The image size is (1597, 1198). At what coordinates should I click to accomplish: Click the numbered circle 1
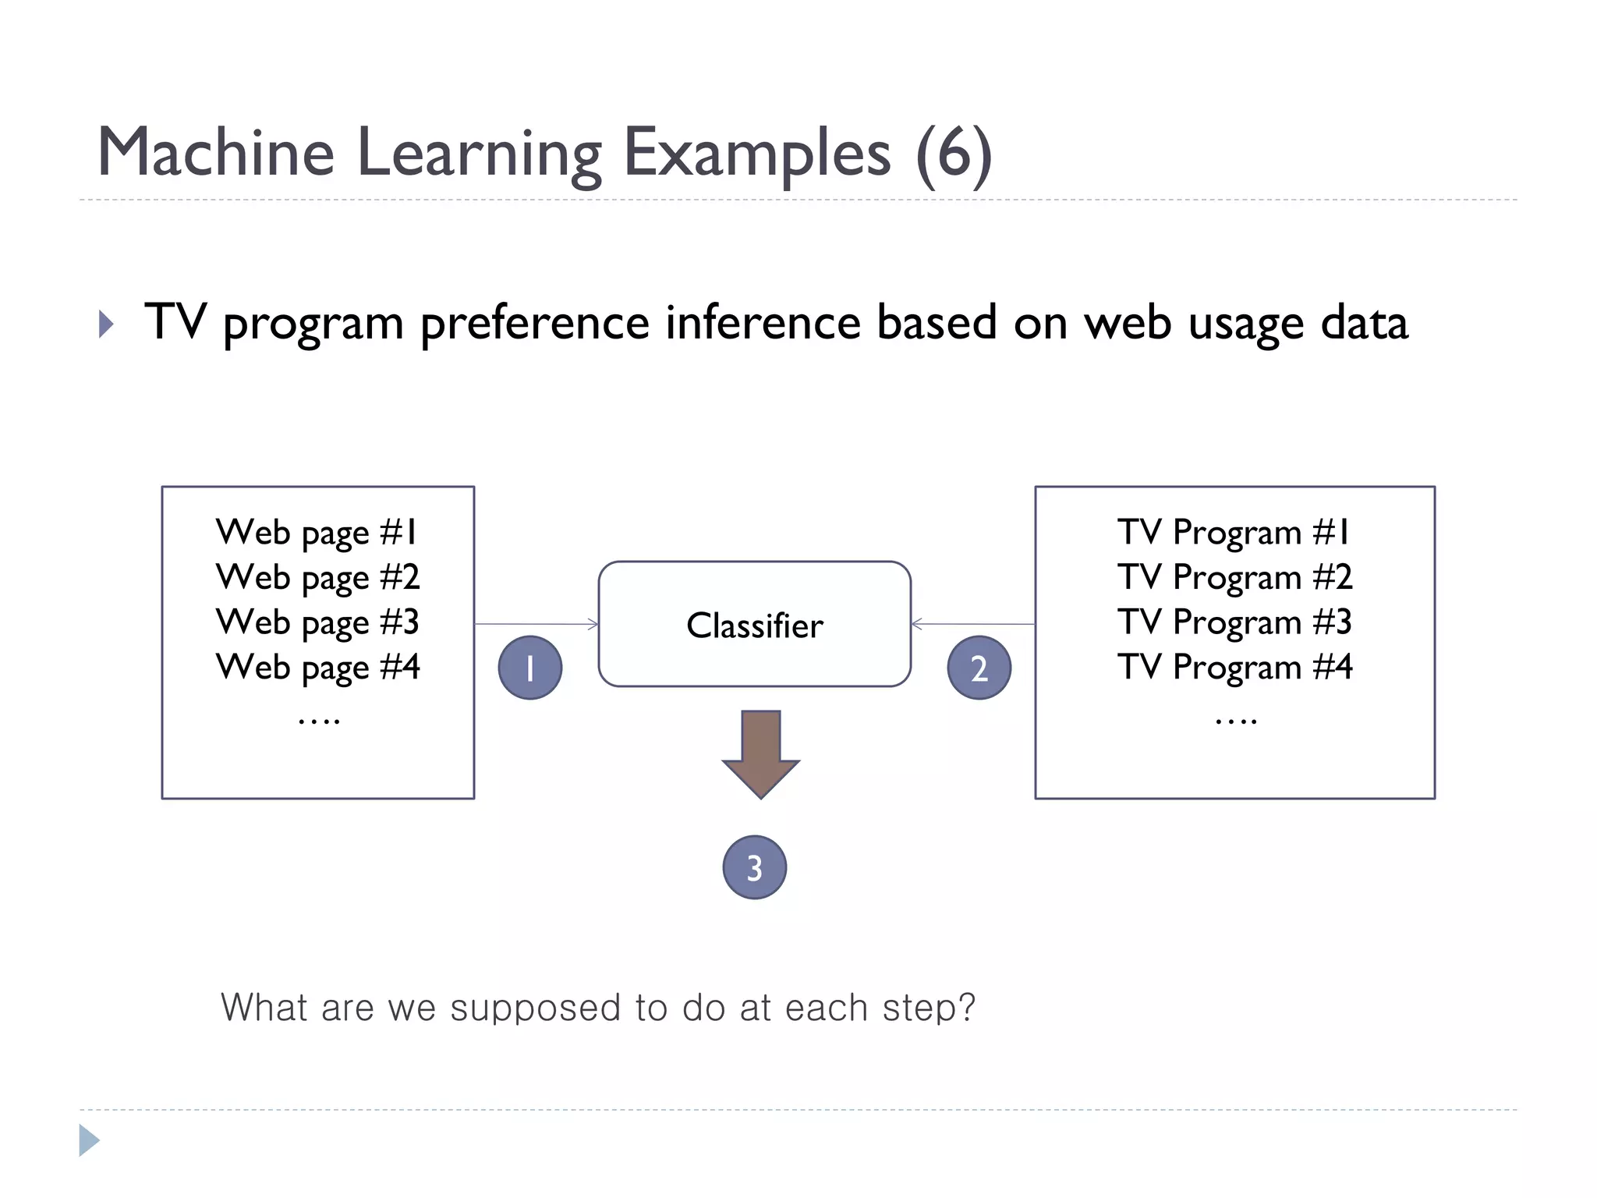coord(530,668)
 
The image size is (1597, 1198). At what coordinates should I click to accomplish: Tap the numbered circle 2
coord(979,668)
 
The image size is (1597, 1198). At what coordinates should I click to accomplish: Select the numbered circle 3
coord(754,867)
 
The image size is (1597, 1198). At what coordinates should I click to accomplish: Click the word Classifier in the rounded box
coord(754,626)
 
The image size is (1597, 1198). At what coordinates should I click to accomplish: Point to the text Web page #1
coord(317,533)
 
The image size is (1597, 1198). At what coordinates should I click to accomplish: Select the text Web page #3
coord(317,623)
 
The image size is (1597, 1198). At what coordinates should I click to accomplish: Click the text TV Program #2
coord(1234,578)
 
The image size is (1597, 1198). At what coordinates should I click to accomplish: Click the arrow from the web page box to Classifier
coord(536,624)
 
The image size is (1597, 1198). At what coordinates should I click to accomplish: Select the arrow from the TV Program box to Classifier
coord(972,624)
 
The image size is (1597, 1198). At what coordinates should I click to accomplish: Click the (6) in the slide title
coord(954,154)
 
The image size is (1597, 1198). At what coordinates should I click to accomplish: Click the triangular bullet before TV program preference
coord(107,324)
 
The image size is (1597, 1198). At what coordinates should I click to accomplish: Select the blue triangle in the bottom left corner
coord(88,1140)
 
